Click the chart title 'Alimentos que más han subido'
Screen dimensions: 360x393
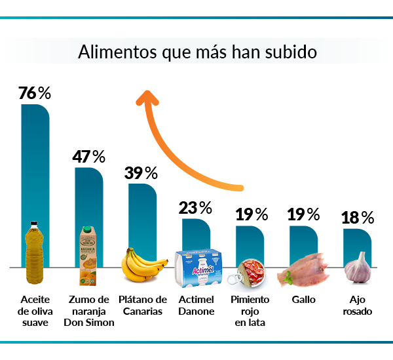click(x=197, y=52)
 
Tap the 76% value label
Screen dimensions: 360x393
click(x=35, y=94)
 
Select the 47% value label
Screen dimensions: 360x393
click(x=88, y=157)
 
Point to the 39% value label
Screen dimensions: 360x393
click(x=141, y=173)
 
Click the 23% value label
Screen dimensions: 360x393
click(x=195, y=209)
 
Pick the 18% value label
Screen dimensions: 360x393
click(x=358, y=218)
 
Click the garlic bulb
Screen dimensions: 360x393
click(x=358, y=268)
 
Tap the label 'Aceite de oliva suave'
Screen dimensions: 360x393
click(x=34, y=311)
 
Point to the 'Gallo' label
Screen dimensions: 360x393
click(x=303, y=300)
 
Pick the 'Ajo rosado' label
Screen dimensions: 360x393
click(x=358, y=306)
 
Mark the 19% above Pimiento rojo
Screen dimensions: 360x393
click(x=252, y=214)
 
